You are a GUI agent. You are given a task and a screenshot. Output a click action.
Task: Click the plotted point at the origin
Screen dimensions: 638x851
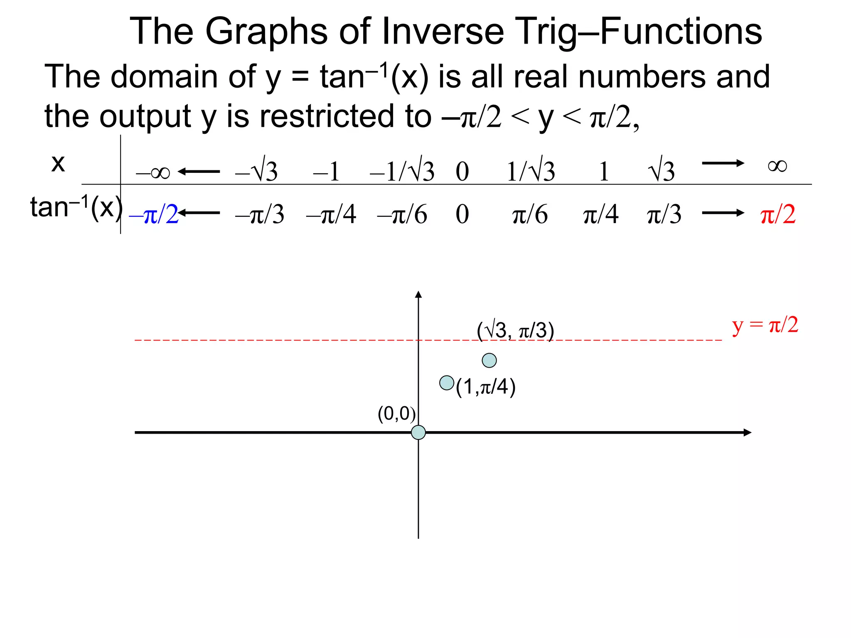[x=418, y=432]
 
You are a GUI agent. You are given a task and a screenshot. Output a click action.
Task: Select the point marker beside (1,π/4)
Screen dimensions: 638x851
[x=447, y=383]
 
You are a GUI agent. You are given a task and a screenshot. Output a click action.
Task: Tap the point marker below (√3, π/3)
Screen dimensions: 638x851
[x=489, y=360]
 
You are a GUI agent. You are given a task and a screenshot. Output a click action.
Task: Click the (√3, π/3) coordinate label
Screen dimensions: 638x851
[x=515, y=331]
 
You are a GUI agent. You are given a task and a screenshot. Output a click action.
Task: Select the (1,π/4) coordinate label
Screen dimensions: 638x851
[x=485, y=387]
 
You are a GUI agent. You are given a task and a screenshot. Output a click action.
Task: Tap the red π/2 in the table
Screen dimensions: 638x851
[x=778, y=215]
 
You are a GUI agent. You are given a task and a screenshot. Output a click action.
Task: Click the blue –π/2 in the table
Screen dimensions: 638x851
[x=154, y=215]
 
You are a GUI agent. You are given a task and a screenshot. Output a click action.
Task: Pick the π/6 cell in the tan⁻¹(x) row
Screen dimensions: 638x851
[x=530, y=215]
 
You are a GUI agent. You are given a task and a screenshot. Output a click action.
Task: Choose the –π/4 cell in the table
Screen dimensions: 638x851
[x=331, y=215]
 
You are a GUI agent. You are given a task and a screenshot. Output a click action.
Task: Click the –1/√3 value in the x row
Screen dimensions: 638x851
[x=402, y=171]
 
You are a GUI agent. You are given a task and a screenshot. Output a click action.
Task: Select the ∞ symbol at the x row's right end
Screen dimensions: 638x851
[x=777, y=166]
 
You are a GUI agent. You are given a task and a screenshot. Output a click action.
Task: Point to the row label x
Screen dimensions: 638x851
[x=58, y=163]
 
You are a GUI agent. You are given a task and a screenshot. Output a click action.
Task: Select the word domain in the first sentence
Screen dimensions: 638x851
[x=164, y=77]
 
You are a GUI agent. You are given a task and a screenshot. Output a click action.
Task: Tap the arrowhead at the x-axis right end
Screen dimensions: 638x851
[x=748, y=432]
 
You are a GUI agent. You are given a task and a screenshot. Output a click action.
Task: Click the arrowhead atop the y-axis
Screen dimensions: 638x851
[x=418, y=294]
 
